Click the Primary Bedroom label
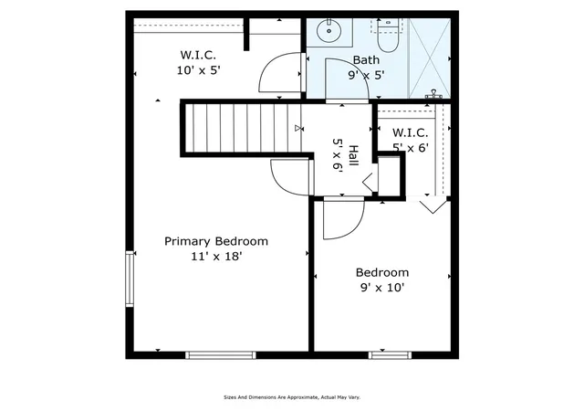pyautogui.click(x=216, y=241)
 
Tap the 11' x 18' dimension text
pyautogui.click(x=217, y=257)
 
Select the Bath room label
pyautogui.click(x=366, y=60)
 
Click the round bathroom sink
pyautogui.click(x=329, y=30)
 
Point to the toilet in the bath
pyautogui.click(x=388, y=37)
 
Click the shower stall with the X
pyautogui.click(x=430, y=58)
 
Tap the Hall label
pyautogui.click(x=353, y=156)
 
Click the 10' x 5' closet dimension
pyautogui.click(x=199, y=70)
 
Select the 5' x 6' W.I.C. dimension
pyautogui.click(x=411, y=148)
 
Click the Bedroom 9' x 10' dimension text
pyautogui.click(x=382, y=288)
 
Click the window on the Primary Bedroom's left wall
pyautogui.click(x=130, y=279)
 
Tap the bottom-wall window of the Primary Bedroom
pyautogui.click(x=221, y=355)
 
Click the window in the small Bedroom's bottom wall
pyautogui.click(x=390, y=355)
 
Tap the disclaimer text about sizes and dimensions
pyautogui.click(x=292, y=397)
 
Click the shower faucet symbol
pyautogui.click(x=433, y=94)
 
